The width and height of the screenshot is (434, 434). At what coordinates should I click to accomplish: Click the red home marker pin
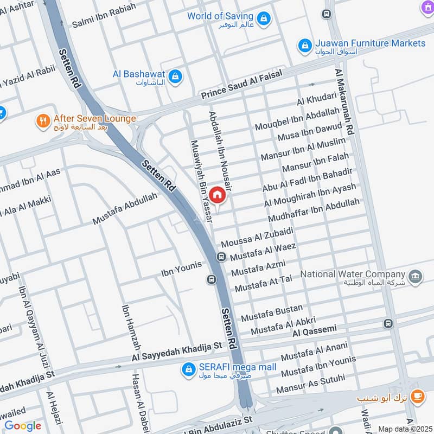pyautogui.click(x=217, y=195)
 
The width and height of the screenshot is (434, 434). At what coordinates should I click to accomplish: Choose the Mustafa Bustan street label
pyautogui.click(x=272, y=312)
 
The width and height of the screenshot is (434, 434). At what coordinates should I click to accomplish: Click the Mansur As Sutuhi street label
pyautogui.click(x=310, y=384)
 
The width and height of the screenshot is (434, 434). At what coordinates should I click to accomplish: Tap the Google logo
pyautogui.click(x=23, y=426)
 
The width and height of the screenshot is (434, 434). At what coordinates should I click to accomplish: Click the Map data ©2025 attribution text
pyautogui.click(x=405, y=429)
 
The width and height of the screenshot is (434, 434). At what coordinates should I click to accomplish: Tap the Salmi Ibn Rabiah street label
pyautogui.click(x=104, y=17)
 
